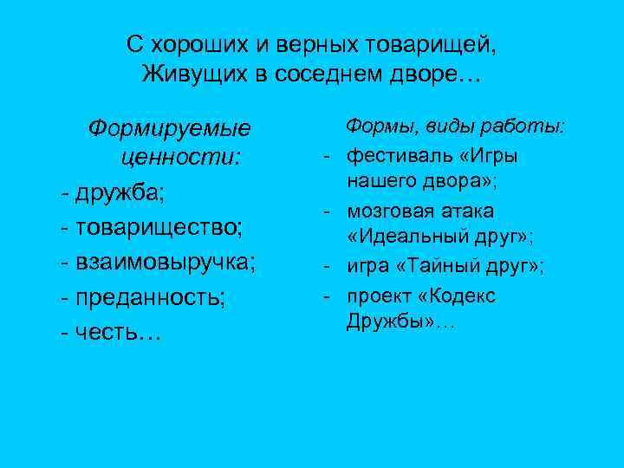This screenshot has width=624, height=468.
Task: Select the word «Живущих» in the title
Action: pos(193,75)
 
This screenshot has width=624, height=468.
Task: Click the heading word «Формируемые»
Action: pos(169,130)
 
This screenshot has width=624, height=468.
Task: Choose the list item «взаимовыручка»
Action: pos(165,263)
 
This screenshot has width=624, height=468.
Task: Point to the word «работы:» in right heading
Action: pos(528,127)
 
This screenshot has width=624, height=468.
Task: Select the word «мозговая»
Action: pos(389,211)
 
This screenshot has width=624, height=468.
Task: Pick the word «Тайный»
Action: pos(436,267)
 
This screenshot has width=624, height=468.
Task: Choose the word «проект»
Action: pos(378,296)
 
